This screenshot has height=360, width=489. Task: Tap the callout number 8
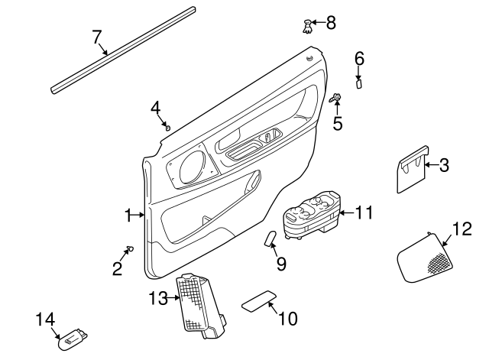(x=330, y=22)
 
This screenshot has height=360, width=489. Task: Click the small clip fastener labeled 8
(x=306, y=26)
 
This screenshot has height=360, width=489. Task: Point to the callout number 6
(x=359, y=57)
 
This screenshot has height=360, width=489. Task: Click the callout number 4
(x=155, y=107)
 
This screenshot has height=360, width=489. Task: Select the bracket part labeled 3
(x=411, y=170)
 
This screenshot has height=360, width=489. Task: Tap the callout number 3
(x=444, y=164)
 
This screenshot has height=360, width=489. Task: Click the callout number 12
(x=461, y=228)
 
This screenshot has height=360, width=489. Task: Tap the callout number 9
(x=281, y=264)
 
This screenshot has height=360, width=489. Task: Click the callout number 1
(x=129, y=216)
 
